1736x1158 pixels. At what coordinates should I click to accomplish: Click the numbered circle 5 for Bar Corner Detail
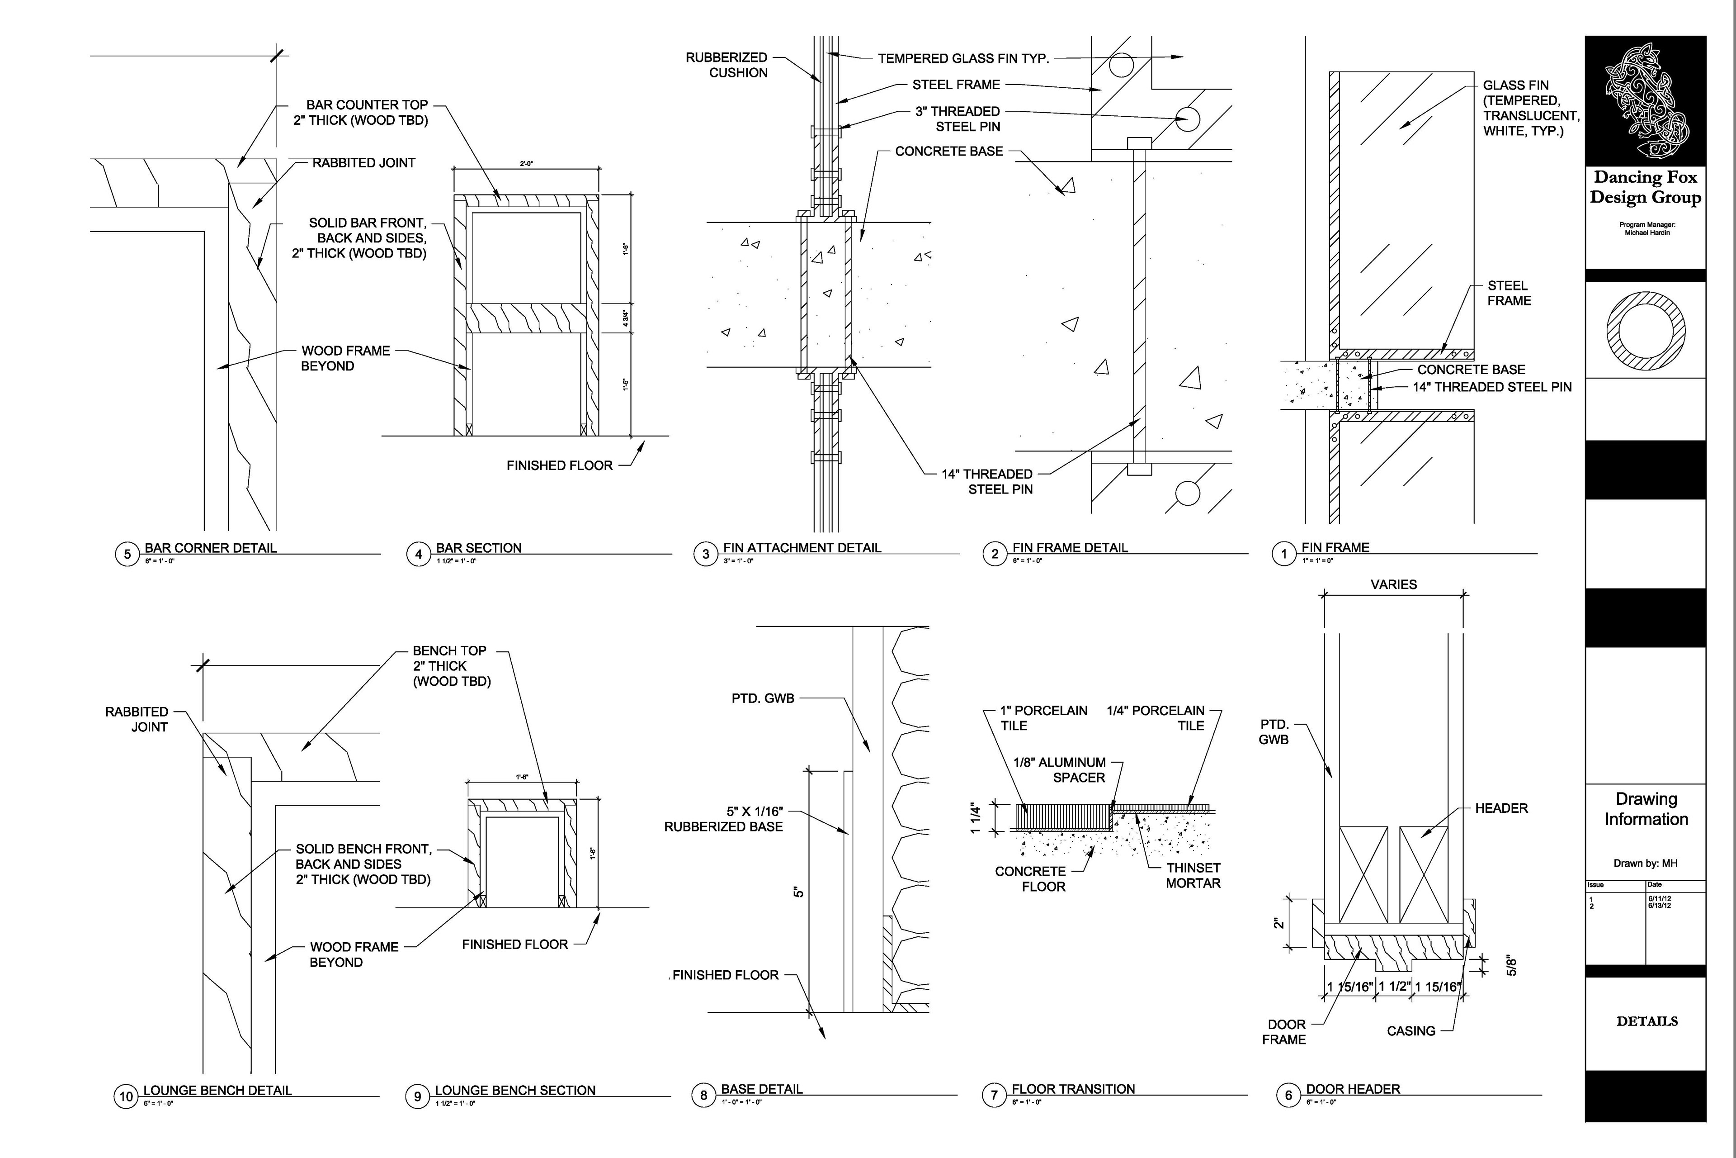coord(127,554)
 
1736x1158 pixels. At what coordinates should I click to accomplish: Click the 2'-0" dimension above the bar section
coord(525,164)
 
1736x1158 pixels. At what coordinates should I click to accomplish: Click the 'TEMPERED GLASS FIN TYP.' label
coord(963,58)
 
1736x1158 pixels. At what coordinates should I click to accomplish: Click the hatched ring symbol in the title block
coord(1646,330)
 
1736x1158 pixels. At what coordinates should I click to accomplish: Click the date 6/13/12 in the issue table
coord(1659,906)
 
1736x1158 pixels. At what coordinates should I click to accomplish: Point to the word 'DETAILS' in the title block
coord(1646,1021)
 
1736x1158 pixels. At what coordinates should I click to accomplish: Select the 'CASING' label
coord(1410,1031)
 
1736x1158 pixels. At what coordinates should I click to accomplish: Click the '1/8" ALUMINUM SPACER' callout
coord(1059,769)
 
